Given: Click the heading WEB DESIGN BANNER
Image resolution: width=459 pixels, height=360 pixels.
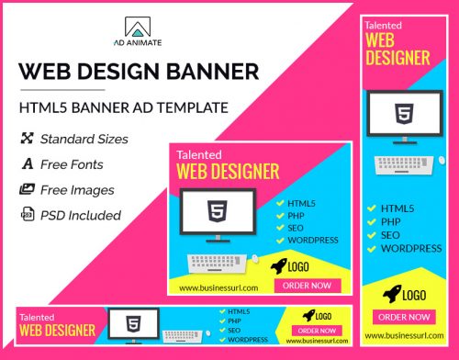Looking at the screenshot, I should (139, 71).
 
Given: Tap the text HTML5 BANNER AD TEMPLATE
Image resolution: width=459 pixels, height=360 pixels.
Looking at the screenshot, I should (123, 107).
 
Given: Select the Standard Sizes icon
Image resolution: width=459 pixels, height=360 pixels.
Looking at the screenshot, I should (27, 140).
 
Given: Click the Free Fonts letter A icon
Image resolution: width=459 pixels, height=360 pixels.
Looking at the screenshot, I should (27, 164).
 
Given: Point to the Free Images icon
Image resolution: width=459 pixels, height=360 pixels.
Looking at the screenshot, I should (27, 190).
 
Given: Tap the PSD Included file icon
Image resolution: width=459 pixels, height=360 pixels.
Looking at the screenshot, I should (27, 215).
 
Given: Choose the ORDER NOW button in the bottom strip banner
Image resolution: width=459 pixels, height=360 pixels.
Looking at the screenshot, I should (317, 330).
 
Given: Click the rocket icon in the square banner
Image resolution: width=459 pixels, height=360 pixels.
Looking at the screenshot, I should (278, 266).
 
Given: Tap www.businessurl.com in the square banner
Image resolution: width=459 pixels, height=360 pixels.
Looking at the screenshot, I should (213, 287).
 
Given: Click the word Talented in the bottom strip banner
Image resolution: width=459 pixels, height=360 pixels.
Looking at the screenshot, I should (36, 317).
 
